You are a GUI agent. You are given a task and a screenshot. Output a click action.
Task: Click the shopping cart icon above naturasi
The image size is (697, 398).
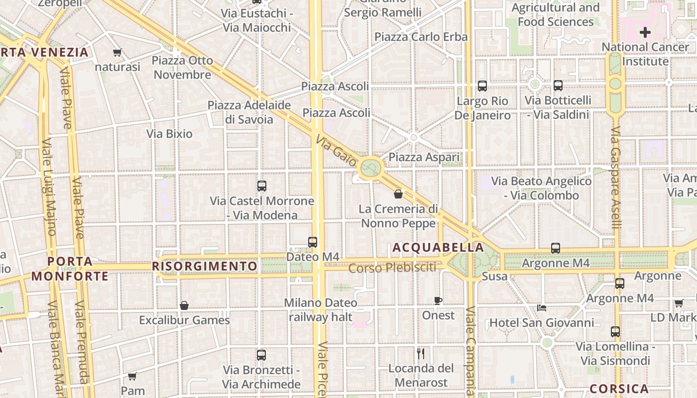tap(117, 52)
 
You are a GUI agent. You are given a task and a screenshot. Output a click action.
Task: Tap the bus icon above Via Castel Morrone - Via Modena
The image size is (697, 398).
tap(262, 186)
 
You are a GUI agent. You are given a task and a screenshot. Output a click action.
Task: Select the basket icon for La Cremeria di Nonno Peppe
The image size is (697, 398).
tap(398, 194)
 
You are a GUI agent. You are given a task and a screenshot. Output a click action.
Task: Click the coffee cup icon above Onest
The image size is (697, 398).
tap(438, 300)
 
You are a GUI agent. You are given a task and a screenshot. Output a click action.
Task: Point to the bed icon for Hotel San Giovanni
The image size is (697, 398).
tap(542, 307)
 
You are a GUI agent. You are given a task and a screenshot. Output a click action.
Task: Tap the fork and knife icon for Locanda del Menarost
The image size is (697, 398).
tap(421, 354)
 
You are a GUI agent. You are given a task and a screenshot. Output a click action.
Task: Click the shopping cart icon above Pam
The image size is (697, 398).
tap(132, 376)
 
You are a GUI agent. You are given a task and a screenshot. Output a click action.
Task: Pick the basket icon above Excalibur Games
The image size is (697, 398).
tap(184, 305)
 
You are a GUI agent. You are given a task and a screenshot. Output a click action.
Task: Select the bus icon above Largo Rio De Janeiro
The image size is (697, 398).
tap(482, 86)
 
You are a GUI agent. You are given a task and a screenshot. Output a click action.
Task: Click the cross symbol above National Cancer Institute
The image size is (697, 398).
tap(645, 33)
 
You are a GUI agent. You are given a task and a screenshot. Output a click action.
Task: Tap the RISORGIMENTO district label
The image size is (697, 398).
tap(205, 266)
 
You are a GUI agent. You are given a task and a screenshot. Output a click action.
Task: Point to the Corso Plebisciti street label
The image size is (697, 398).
tap(392, 268)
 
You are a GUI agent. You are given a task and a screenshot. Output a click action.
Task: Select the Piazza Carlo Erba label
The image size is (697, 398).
tap(421, 37)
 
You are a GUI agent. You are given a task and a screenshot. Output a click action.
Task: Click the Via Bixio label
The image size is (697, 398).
tap(169, 133)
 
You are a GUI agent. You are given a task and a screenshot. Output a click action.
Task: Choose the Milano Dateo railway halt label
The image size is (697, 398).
tap(321, 309)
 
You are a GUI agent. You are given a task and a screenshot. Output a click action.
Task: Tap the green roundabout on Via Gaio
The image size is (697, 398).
tap(370, 168)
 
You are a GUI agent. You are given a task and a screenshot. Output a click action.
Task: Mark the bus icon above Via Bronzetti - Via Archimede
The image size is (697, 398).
tap(261, 355)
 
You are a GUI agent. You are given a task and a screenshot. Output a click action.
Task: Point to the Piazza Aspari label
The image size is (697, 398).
tap(424, 157)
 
